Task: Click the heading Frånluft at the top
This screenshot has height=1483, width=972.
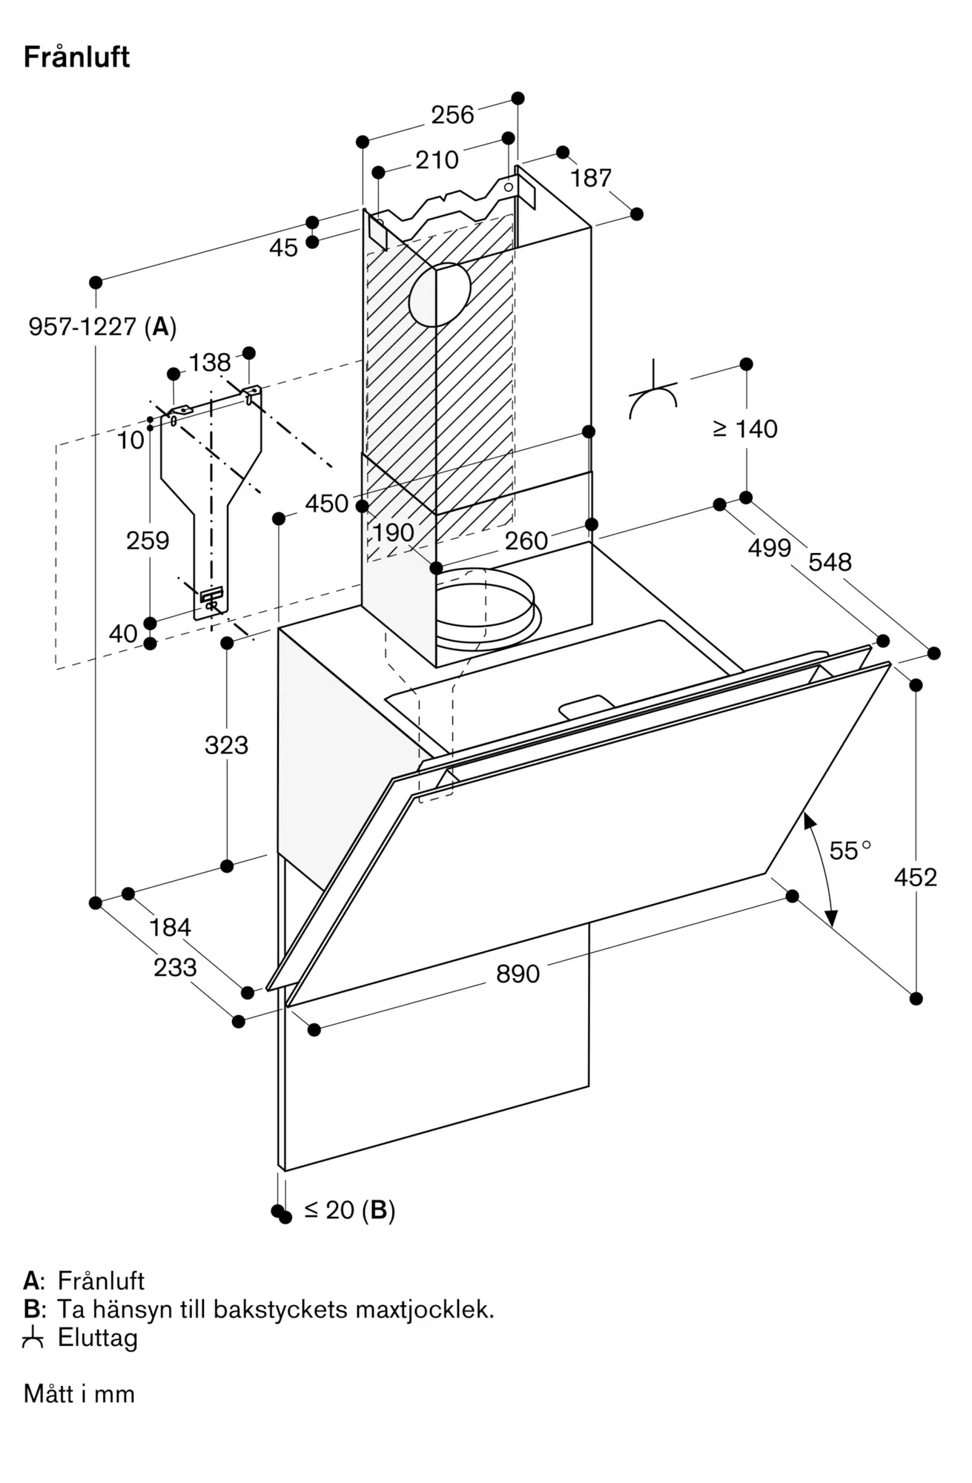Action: pyautogui.click(x=76, y=57)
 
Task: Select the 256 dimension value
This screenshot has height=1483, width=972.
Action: pyautogui.click(x=452, y=115)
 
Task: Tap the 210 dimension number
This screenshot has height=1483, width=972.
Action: pyautogui.click(x=437, y=160)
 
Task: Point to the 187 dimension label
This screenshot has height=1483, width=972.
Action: pyautogui.click(x=591, y=178)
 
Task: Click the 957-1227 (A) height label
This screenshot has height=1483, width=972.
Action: pyautogui.click(x=102, y=326)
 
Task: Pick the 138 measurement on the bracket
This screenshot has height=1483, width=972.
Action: pyautogui.click(x=210, y=363)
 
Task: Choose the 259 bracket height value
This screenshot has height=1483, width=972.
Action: pyautogui.click(x=148, y=541)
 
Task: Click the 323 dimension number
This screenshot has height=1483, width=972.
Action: pyautogui.click(x=226, y=745)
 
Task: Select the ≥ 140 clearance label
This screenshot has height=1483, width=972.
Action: pyautogui.click(x=745, y=429)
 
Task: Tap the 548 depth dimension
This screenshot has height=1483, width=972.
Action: pyautogui.click(x=830, y=562)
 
